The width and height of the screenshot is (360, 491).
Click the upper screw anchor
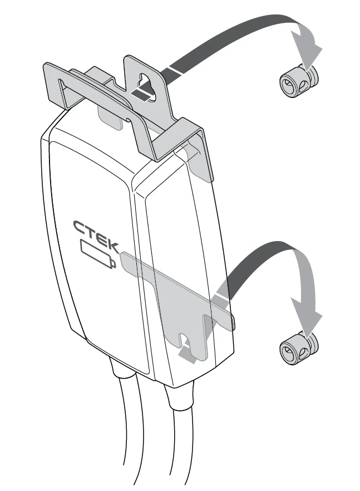click(299, 81)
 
